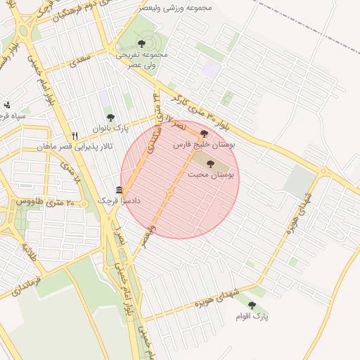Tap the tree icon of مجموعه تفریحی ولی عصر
[x=141, y=44]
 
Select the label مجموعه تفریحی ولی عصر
[x=142, y=59]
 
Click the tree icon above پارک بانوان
[x=110, y=117]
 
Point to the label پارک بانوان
[x=111, y=129]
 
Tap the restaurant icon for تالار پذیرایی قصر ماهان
[x=75, y=136]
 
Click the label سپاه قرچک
[x=13, y=115]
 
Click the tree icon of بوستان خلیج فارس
[x=205, y=133]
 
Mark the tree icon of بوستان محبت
[x=210, y=163]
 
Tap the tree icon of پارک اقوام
[x=252, y=305]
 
